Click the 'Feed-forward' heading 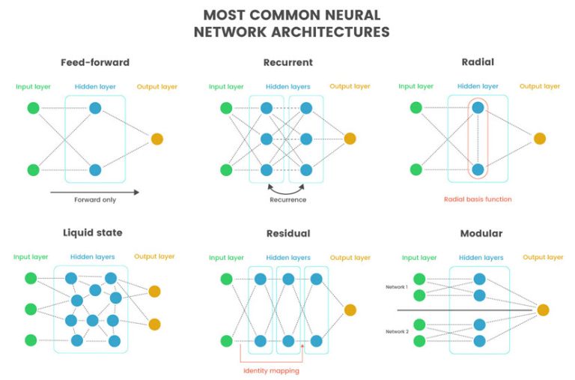click(96, 62)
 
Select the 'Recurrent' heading click(288, 62)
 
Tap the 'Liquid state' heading click(94, 233)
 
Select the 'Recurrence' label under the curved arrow click(288, 200)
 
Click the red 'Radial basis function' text click(478, 199)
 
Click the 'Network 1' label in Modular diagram click(397, 287)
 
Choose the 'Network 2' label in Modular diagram click(397, 331)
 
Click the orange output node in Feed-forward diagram click(156, 139)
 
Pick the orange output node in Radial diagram click(539, 139)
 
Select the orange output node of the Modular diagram click(543, 310)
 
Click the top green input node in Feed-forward click(33, 108)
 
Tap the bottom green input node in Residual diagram click(227, 341)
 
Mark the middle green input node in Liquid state click(31, 309)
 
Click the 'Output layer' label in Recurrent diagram click(350, 87)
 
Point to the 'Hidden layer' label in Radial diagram click(478, 87)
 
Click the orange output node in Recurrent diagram click(350, 139)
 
